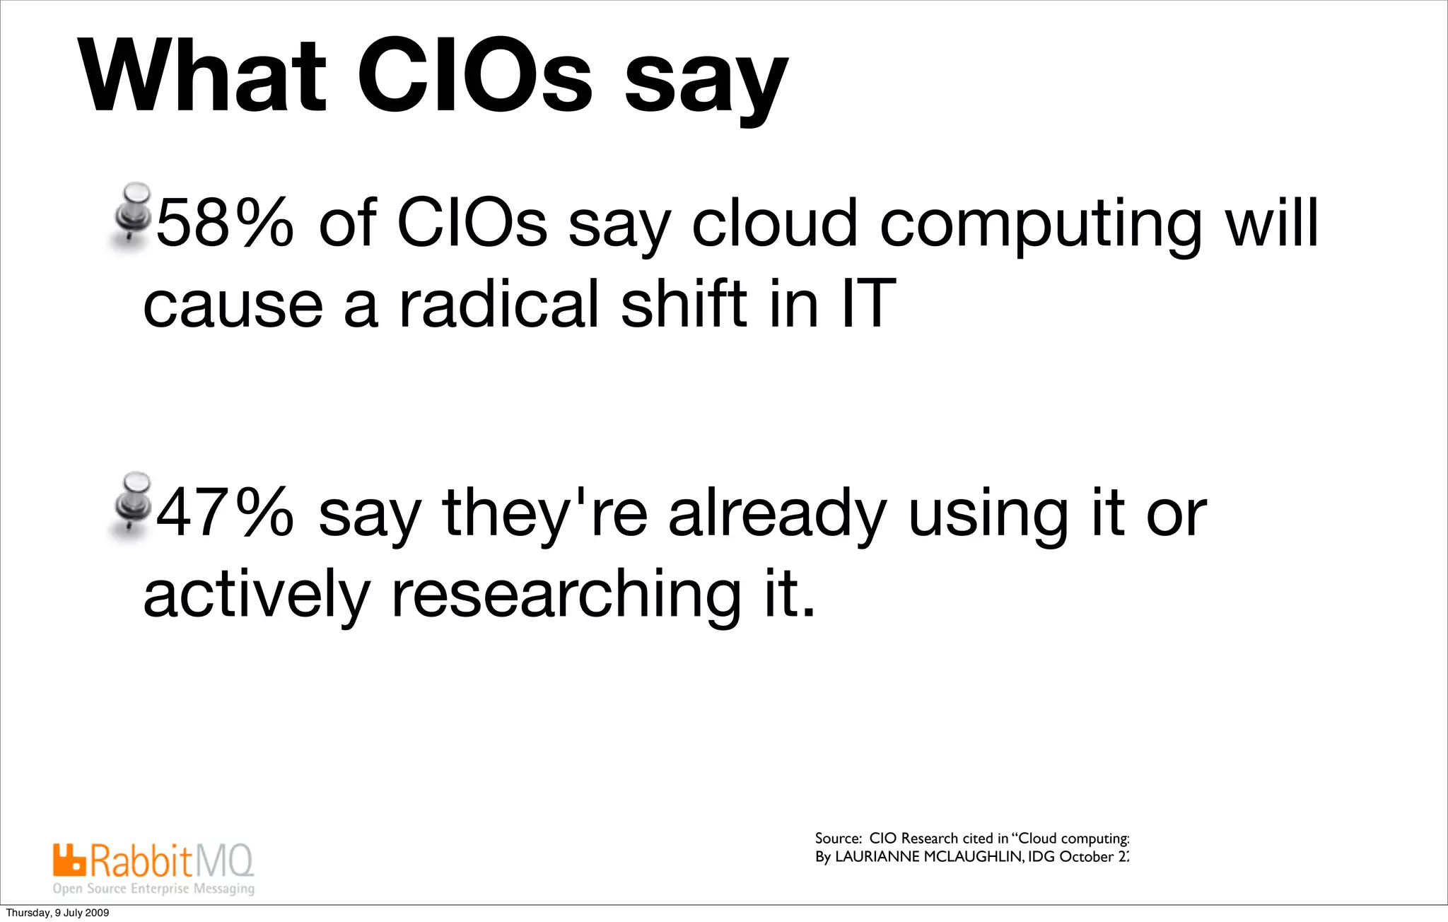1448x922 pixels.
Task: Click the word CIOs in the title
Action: click(474, 76)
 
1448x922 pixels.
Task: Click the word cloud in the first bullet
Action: click(774, 223)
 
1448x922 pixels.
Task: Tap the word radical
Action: click(499, 305)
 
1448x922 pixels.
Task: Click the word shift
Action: click(683, 305)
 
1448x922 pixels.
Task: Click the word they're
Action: click(544, 515)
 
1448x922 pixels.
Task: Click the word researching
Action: click(566, 595)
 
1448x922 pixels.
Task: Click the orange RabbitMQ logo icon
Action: click(69, 859)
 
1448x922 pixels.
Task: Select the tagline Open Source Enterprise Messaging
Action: click(153, 889)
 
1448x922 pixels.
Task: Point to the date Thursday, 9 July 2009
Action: click(57, 913)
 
